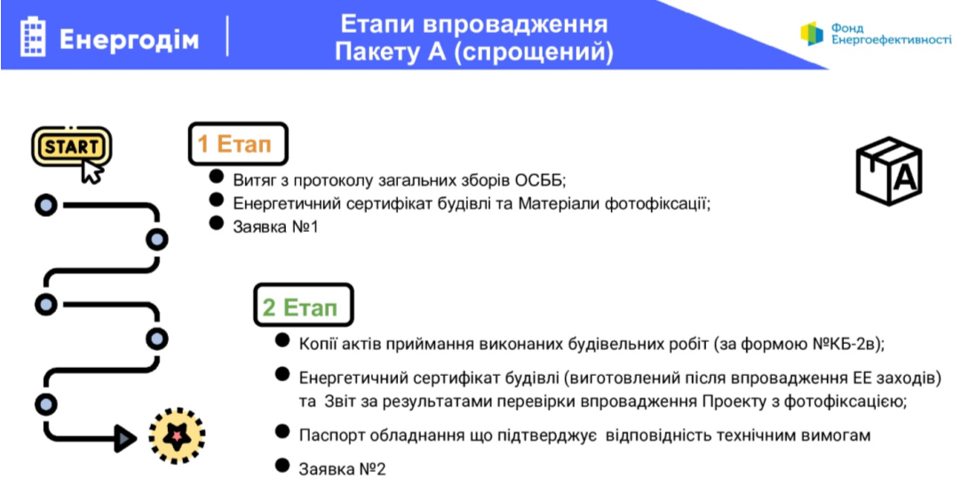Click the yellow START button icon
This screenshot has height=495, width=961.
[71, 146]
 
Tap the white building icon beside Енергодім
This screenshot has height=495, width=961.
[33, 37]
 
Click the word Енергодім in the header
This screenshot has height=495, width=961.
[130, 40]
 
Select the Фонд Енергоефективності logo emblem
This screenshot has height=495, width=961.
[812, 34]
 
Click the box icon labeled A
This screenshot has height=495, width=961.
[889, 171]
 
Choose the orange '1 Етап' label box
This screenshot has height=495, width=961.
[238, 144]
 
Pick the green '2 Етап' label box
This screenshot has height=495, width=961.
[304, 305]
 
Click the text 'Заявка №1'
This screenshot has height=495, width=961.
[276, 227]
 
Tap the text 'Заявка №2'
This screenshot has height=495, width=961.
[343, 469]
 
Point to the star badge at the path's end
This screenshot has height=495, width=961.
[177, 435]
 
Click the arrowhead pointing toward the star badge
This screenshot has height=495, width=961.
[126, 438]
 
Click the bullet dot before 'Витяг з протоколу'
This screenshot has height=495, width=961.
[216, 177]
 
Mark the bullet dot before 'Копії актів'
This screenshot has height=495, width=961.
[282, 339]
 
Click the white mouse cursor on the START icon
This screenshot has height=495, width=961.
[92, 172]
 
